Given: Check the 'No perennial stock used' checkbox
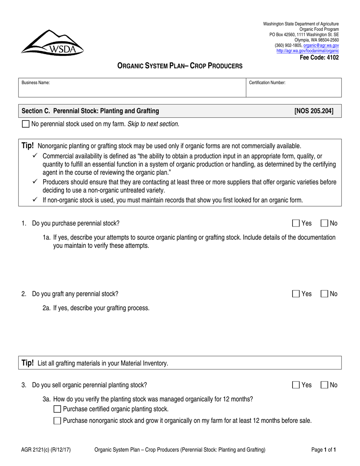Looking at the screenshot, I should pos(25,124).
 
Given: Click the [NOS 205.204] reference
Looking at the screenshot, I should pos(314,111).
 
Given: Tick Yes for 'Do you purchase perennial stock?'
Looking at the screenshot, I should pos(296,224).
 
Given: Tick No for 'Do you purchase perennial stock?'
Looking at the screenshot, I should pos(324,224).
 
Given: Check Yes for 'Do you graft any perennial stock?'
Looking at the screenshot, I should pos(296,294).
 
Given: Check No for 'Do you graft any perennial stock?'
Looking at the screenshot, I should pos(324,294).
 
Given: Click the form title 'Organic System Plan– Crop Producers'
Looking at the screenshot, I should pos(180,66).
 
